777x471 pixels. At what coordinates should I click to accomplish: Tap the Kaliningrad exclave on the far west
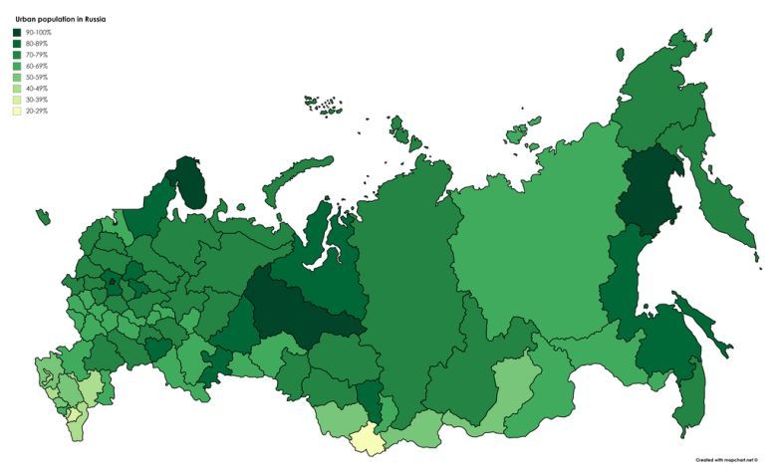coord(42,216)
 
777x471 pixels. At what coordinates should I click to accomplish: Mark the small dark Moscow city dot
coord(112,283)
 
